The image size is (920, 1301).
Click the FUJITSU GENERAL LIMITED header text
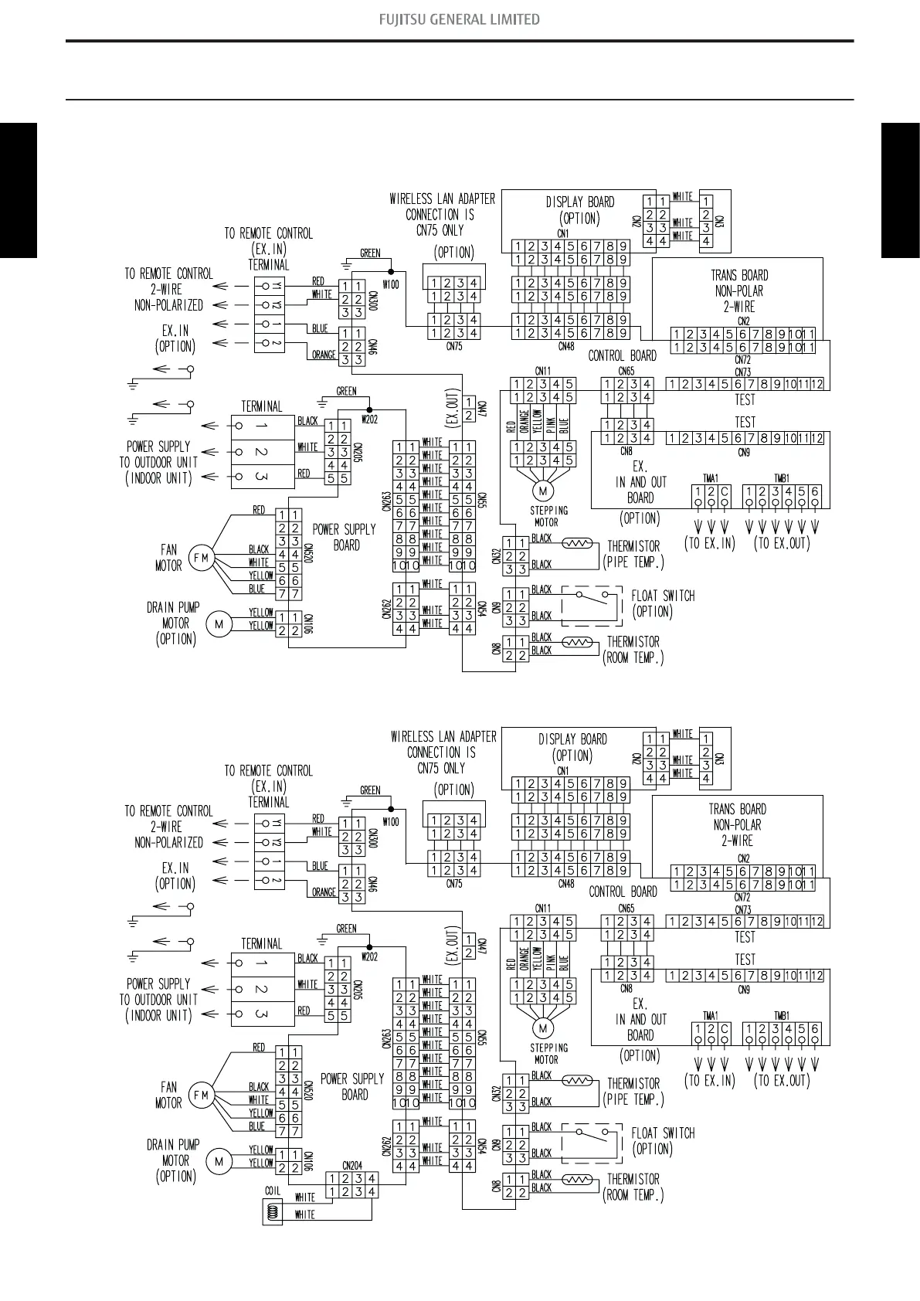click(459, 19)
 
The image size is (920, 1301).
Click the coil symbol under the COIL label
click(271, 1213)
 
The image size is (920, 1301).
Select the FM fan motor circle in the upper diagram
click(201, 558)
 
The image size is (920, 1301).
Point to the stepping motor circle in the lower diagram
click(542, 1028)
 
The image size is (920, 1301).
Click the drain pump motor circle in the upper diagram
click(219, 624)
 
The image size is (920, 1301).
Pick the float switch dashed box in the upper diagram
click(591, 606)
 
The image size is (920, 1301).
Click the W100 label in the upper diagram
click(391, 284)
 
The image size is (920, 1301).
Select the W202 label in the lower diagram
click(369, 957)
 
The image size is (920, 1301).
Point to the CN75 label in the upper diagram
click(454, 346)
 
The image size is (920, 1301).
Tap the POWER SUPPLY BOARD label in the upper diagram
click(345, 537)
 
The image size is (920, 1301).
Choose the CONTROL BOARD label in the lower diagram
click(623, 892)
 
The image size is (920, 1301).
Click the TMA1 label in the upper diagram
click(710, 478)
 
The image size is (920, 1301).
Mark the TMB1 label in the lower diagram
click(781, 1016)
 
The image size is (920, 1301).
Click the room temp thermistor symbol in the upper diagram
click(577, 642)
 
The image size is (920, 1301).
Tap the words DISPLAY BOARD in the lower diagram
click(572, 739)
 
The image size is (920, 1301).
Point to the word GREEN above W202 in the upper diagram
click(347, 391)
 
